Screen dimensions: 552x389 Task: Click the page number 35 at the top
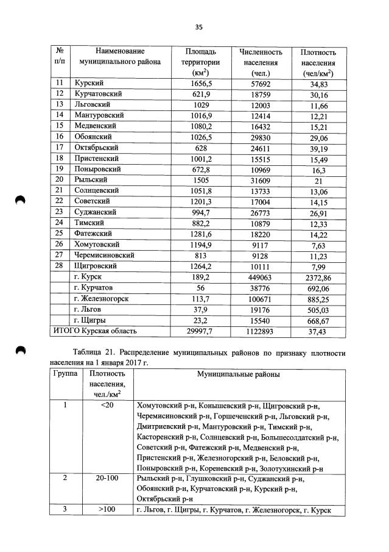point(198,27)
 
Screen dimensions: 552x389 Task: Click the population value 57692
point(261,84)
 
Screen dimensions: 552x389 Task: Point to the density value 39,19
point(318,148)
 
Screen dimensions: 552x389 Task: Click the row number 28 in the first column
point(60,266)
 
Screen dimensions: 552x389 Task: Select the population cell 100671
point(261,298)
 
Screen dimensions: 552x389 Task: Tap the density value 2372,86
point(318,278)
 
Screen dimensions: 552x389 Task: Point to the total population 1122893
point(261,331)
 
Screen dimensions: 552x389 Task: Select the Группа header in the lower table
point(65,373)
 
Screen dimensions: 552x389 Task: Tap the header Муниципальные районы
point(233,373)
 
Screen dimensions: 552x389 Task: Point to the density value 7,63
point(318,245)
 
